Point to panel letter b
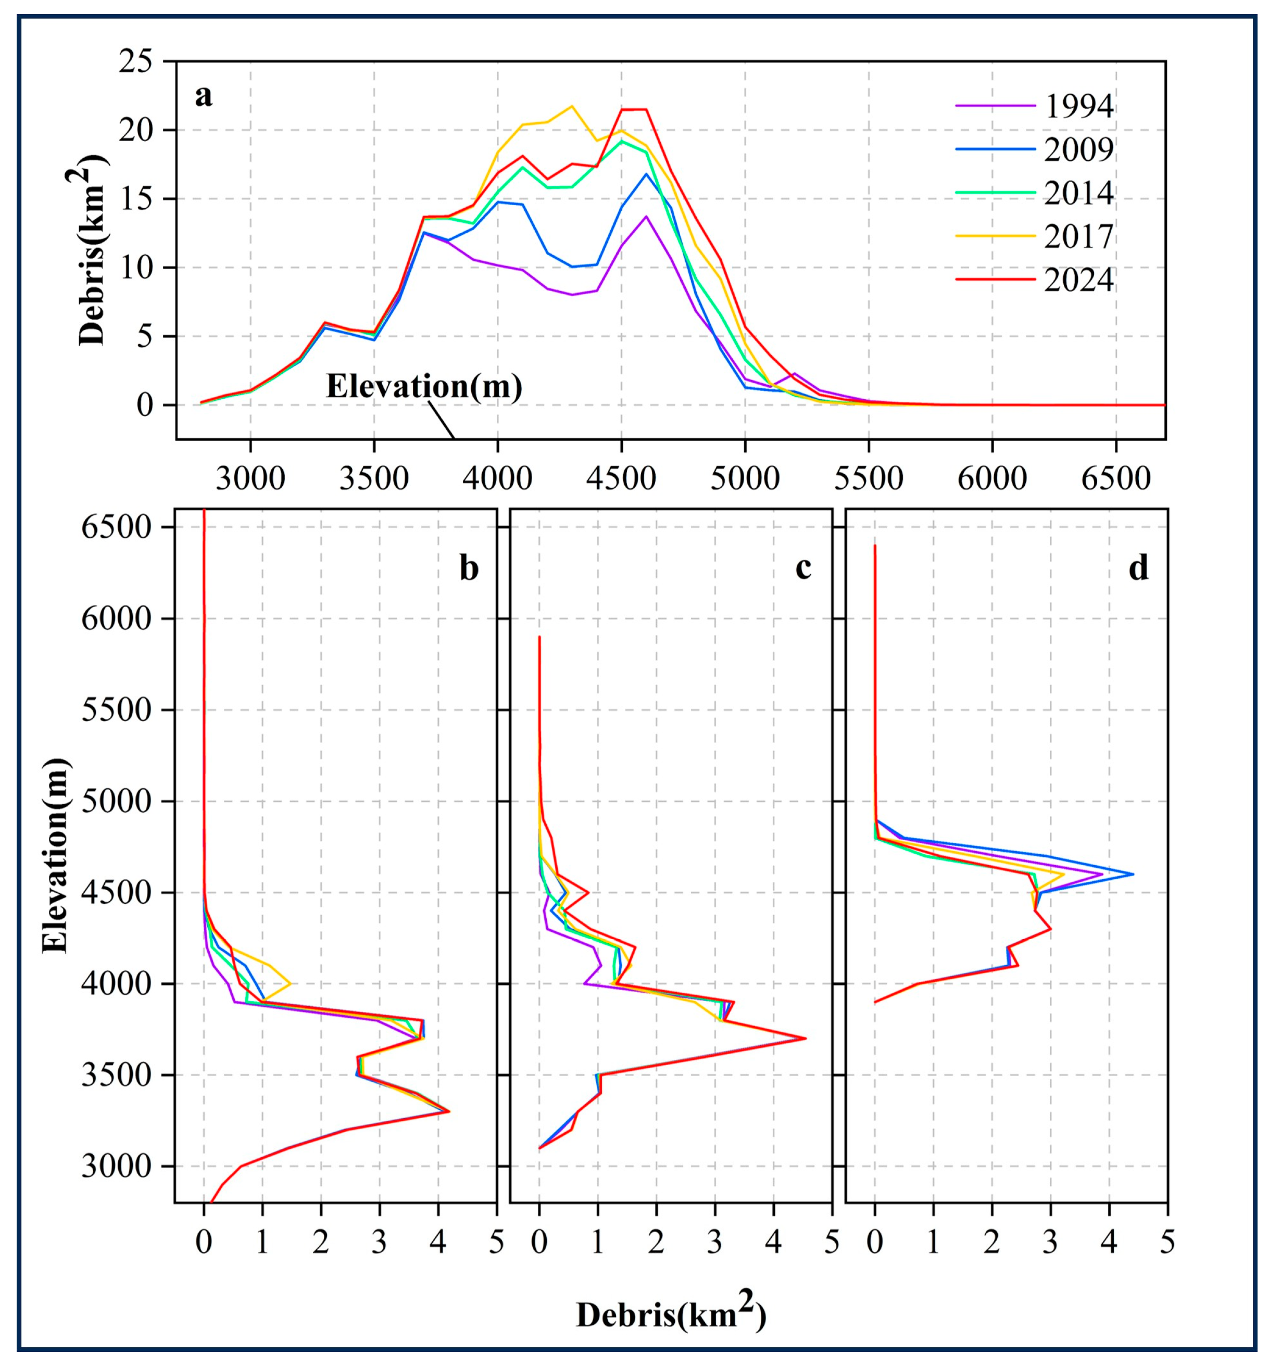[x=469, y=568]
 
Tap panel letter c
[x=803, y=568]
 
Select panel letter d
[x=1138, y=568]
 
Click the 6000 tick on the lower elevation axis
[x=116, y=618]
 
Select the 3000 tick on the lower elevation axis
[x=116, y=1166]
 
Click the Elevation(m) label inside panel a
[x=424, y=387]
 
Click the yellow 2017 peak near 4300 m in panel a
[x=571, y=106]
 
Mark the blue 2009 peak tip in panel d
[x=1133, y=874]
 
